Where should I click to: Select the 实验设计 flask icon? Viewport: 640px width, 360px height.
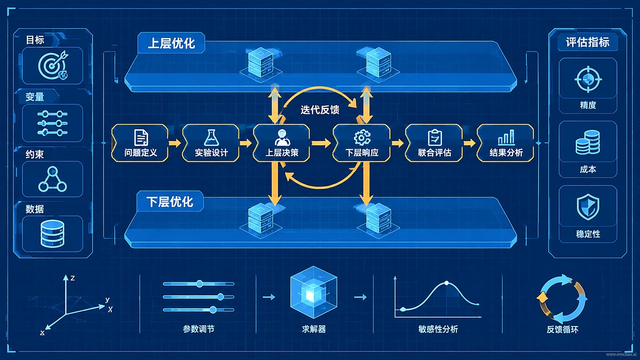click(211, 138)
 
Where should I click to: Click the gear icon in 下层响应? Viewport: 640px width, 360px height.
click(362, 138)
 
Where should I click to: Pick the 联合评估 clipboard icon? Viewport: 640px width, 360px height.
click(435, 137)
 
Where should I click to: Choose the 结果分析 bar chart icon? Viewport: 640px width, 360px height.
click(506, 137)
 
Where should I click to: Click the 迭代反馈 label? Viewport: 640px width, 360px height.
click(320, 110)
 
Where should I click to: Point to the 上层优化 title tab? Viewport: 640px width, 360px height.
click(171, 43)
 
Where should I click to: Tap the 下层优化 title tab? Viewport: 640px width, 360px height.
click(170, 201)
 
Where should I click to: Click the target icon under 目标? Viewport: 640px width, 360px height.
click(53, 65)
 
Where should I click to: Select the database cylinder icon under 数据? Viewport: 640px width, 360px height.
click(52, 233)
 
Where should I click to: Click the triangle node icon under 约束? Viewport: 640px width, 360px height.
click(52, 179)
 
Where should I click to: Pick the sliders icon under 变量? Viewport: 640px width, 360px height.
click(52, 123)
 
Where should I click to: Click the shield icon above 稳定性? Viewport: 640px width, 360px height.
click(588, 207)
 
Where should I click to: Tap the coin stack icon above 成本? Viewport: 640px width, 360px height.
click(588, 142)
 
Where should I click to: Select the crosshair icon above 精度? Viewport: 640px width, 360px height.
click(588, 79)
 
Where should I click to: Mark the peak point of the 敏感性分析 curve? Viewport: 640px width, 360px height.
click(447, 283)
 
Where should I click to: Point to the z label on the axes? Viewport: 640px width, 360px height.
click(72, 278)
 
